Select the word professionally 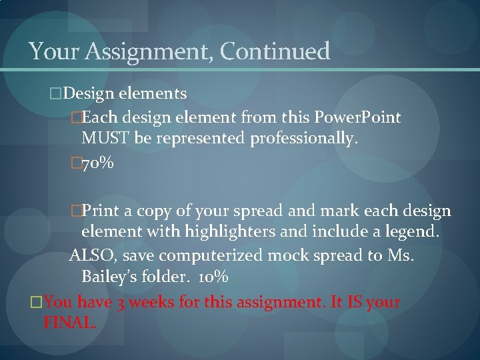tap(305, 139)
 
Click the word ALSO tap(91, 255)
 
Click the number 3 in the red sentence tap(121, 303)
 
